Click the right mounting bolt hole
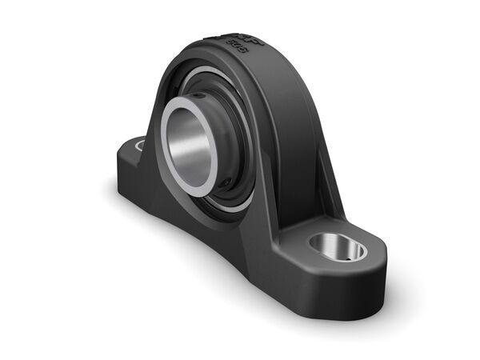click(338, 247)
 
